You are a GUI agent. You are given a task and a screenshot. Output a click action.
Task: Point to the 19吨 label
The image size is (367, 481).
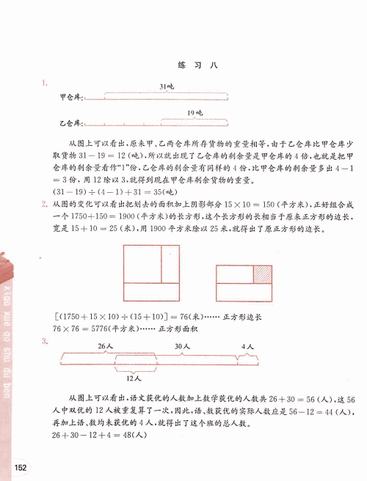tap(195, 112)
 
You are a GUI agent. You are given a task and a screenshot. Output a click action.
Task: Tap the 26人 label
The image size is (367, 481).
tap(105, 345)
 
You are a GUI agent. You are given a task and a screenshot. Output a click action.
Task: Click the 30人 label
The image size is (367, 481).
tap(182, 345)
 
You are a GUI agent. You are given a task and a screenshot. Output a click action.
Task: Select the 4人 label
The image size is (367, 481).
tap(248, 345)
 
